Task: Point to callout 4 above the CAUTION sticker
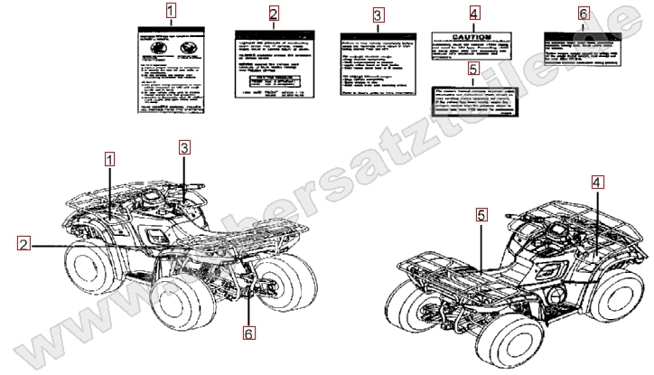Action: pos(474,13)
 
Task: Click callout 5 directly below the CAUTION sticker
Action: pos(474,68)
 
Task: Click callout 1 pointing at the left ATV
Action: pos(109,159)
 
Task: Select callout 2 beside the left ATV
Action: pos(22,241)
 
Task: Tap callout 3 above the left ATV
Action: pos(183,146)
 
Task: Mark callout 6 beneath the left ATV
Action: pos(249,332)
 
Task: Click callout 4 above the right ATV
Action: pos(597,183)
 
